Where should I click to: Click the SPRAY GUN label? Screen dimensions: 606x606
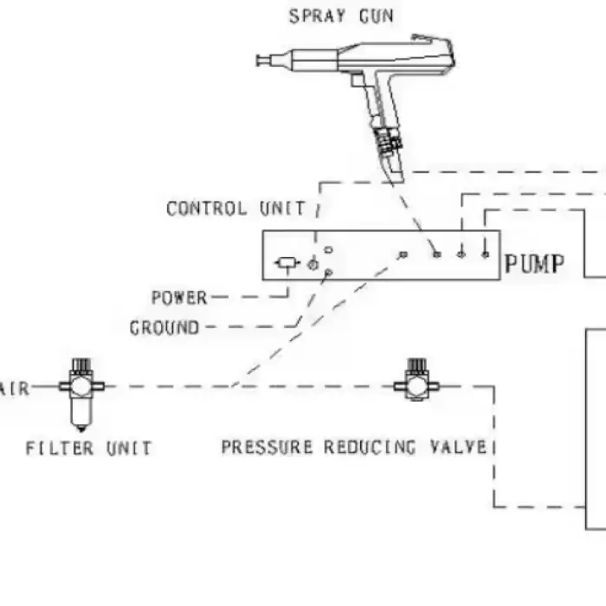[x=341, y=16]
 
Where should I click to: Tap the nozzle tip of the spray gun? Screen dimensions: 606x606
[x=258, y=61]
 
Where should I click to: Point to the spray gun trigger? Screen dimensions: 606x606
[x=357, y=80]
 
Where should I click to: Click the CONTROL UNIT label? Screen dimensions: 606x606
[x=235, y=209]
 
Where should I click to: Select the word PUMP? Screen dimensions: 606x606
[x=534, y=264]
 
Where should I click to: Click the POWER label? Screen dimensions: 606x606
[x=179, y=298]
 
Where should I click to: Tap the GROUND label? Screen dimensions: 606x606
[x=164, y=328]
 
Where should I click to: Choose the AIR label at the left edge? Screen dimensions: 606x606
[x=15, y=388]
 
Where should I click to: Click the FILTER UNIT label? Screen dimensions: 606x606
[x=88, y=448]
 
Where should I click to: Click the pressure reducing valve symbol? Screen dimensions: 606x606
[x=416, y=380]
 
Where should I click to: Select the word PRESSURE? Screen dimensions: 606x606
[x=267, y=448]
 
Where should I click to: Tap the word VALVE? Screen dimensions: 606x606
[x=458, y=448]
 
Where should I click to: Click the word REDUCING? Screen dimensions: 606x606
[x=370, y=448]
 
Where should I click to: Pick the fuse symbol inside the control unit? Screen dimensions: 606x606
[x=287, y=263]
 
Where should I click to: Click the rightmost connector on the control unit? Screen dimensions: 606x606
[x=486, y=255]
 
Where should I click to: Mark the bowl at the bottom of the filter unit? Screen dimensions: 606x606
[x=81, y=415]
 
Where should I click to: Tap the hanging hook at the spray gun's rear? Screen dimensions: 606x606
[x=433, y=39]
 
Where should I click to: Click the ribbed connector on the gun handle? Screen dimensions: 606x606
[x=388, y=140]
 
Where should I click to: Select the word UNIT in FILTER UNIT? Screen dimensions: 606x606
[x=129, y=448]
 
